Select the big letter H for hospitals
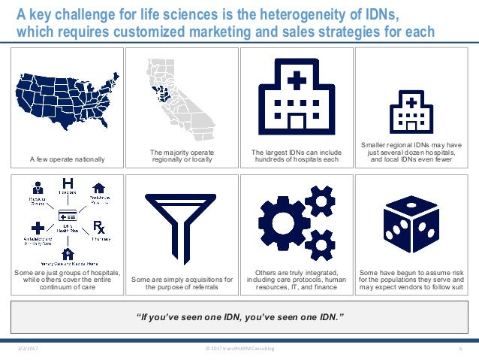point(67,183)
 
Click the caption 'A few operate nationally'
point(68,159)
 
